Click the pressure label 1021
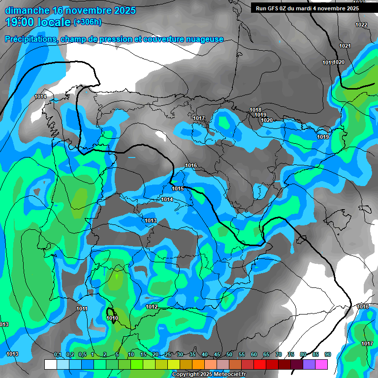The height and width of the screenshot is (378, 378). pos(345,46)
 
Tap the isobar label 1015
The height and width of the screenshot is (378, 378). pos(178,189)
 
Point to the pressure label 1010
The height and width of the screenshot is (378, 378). pos(112,318)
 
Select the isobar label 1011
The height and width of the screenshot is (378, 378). pos(82,309)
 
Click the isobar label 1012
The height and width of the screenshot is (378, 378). pos(152,307)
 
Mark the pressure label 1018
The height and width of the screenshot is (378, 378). pos(255,110)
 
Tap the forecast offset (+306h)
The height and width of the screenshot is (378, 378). pos(88,22)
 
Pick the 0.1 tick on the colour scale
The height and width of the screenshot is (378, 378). pos(58,354)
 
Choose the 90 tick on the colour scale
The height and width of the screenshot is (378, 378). pos(327,354)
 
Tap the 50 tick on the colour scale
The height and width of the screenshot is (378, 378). pos(229,354)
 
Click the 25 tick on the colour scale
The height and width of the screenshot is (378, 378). pos(168,354)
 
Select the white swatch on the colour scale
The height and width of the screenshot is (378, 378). pos(50,364)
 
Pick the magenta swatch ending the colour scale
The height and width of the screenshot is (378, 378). pos(321,364)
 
